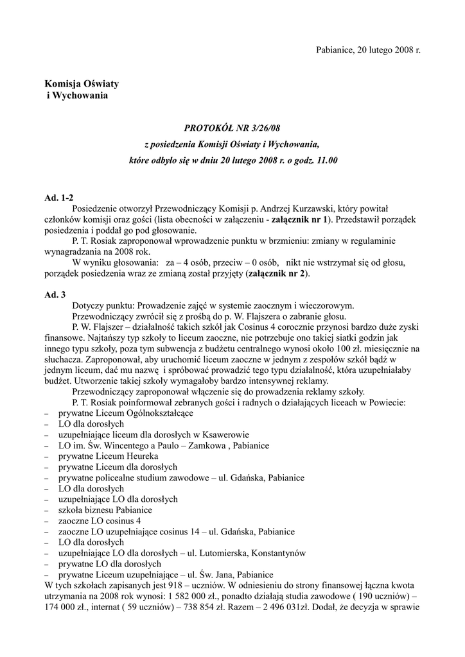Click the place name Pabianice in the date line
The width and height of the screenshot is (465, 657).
tap(336, 49)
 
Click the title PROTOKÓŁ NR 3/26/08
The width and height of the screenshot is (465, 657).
tap(232, 128)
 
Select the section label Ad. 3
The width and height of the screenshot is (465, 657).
tap(55, 295)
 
